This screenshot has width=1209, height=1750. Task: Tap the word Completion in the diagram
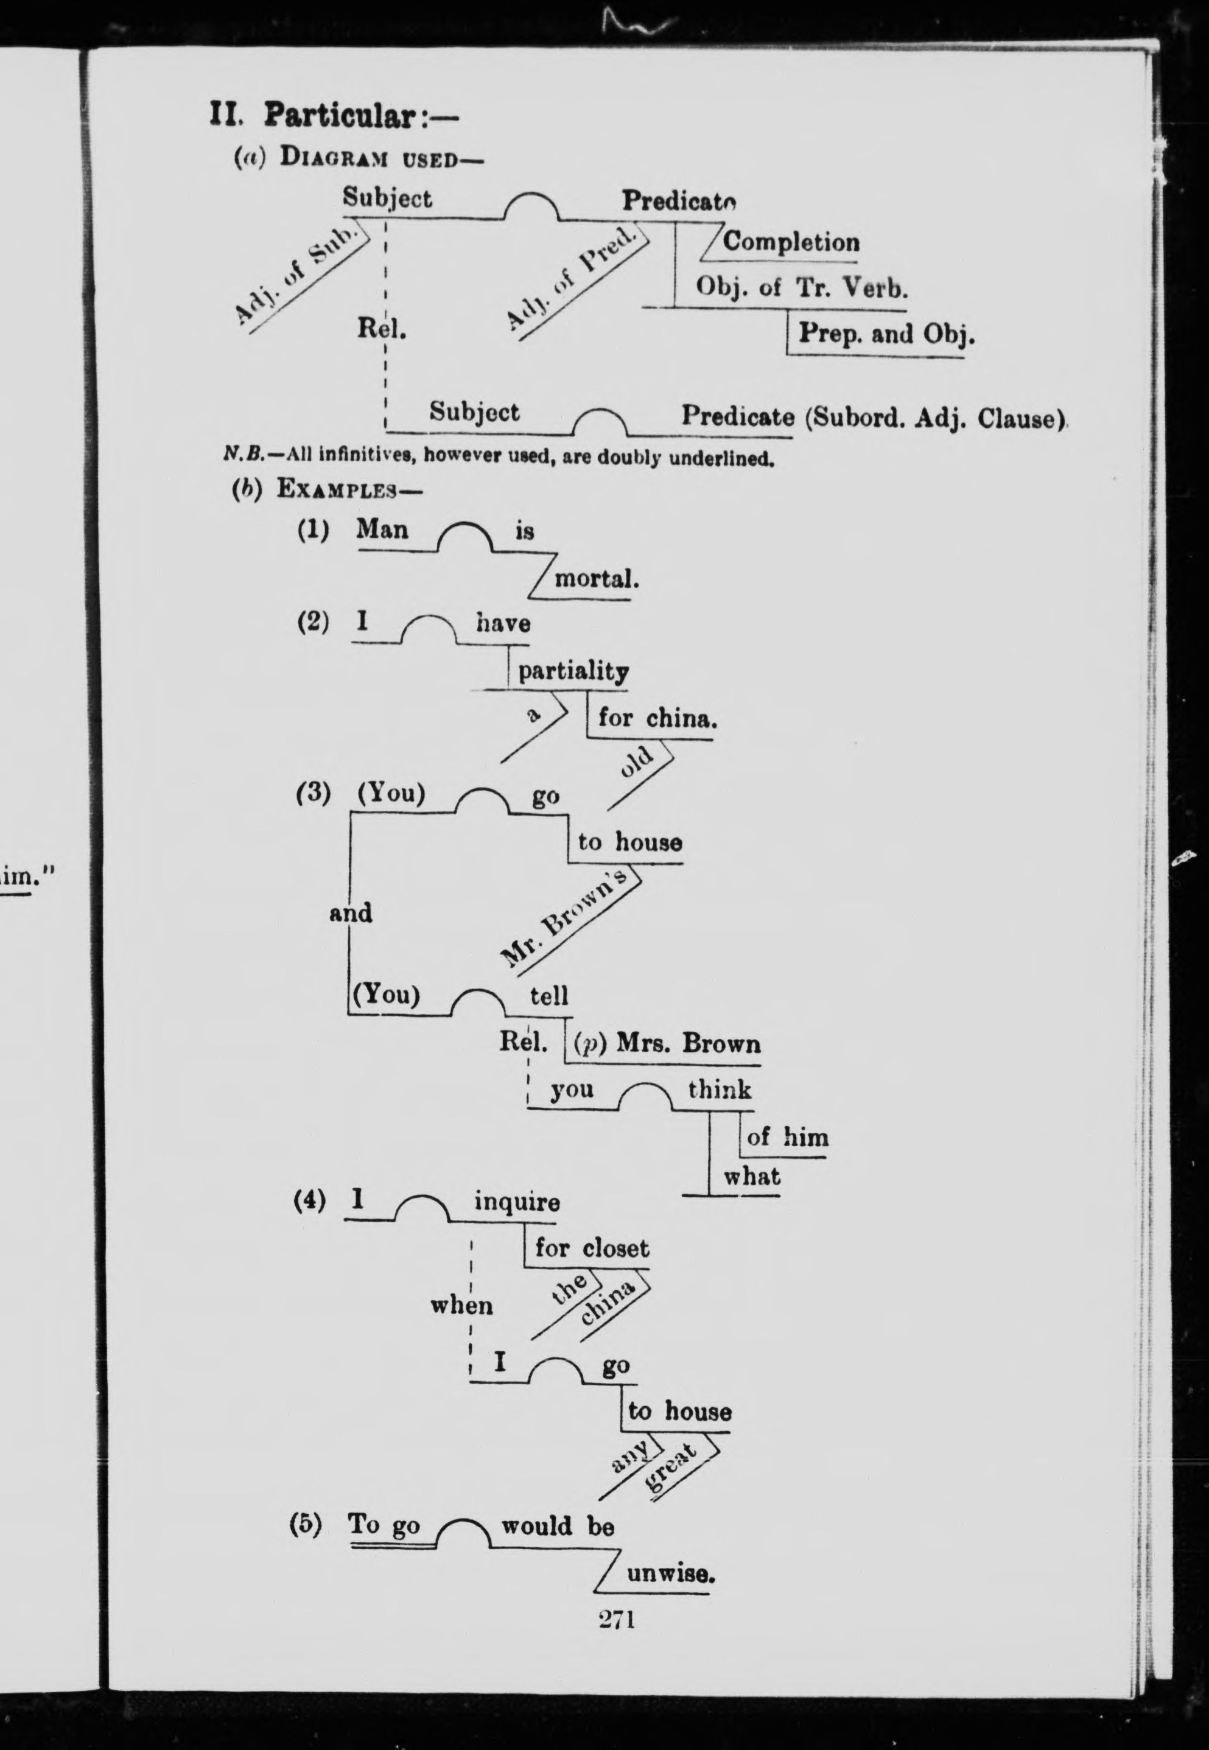coord(791,242)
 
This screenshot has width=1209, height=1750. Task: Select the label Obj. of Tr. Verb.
coord(802,289)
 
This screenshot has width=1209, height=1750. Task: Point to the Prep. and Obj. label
coord(886,334)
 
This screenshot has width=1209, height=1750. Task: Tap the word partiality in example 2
coord(573,671)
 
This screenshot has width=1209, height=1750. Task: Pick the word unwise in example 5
coord(670,1574)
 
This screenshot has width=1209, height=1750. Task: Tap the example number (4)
coord(310,1201)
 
